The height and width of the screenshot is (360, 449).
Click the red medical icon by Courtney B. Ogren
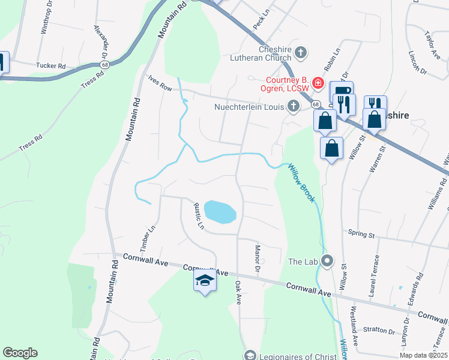point(318,83)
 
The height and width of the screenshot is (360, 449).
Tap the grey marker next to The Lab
point(327,261)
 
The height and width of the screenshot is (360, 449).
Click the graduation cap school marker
point(205,280)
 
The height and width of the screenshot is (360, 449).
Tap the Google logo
point(20,353)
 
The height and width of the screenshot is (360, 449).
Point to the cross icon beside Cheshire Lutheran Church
point(301,54)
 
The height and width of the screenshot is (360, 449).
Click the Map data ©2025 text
point(424,356)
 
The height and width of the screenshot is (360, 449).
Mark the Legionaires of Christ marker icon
point(250,355)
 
